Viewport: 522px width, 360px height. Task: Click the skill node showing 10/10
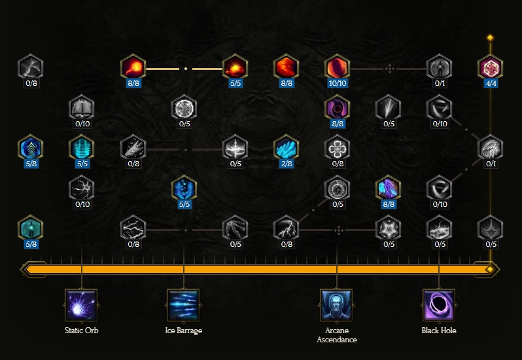tap(338, 67)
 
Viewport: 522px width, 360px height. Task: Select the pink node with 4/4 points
tap(491, 67)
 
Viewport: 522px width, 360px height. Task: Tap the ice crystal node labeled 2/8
tap(287, 148)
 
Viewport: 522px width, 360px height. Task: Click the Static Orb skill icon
tap(81, 305)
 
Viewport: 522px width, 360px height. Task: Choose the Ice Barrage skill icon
tap(183, 305)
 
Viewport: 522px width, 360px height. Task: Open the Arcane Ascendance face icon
tap(337, 305)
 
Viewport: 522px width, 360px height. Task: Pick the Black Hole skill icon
tap(439, 305)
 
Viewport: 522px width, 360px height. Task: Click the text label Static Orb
tap(81, 331)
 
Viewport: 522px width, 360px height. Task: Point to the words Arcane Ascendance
tap(337, 335)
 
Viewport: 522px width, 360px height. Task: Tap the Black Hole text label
tap(439, 331)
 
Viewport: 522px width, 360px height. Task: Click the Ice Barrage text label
tap(183, 331)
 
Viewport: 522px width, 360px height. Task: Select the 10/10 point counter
tap(338, 83)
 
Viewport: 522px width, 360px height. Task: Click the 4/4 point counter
tap(491, 83)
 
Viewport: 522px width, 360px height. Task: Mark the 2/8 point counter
tap(287, 164)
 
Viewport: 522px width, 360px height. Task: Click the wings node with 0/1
tap(491, 148)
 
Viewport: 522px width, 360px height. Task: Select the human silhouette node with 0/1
tap(440, 67)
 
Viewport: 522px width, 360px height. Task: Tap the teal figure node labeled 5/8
tap(30, 229)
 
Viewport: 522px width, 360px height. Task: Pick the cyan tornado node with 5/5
tap(82, 148)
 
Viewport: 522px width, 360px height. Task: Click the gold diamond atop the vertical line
tap(490, 37)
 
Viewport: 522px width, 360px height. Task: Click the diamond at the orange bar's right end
tap(490, 269)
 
